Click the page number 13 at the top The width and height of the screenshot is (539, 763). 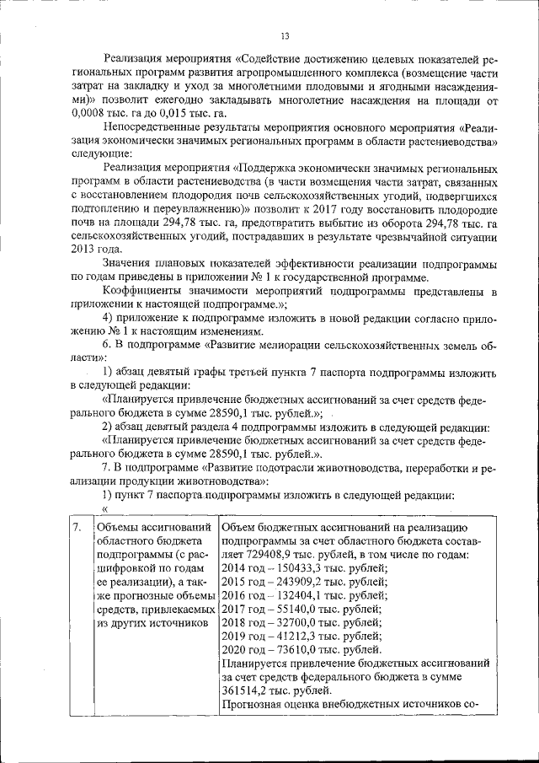(285, 35)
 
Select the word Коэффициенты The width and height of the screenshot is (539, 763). (141, 292)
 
